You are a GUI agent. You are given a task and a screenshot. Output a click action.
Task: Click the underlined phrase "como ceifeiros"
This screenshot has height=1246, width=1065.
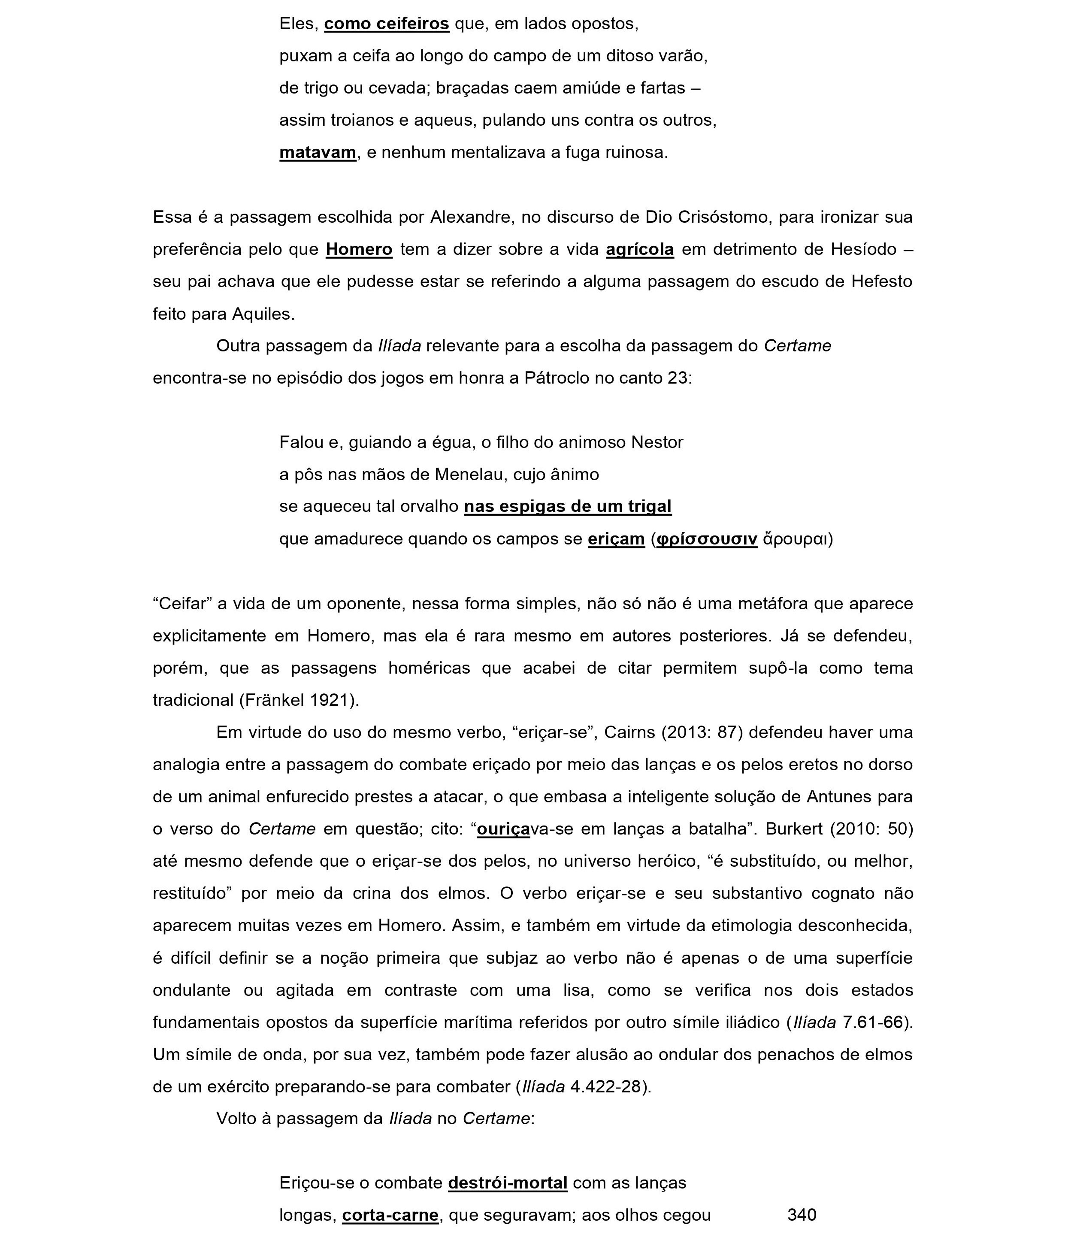point(386,24)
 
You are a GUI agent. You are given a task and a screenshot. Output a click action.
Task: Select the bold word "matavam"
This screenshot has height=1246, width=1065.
point(318,153)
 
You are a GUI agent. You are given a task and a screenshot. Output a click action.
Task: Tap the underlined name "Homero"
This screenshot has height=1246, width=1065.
point(359,249)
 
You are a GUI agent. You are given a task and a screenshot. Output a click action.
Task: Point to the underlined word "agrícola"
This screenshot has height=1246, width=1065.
point(639,249)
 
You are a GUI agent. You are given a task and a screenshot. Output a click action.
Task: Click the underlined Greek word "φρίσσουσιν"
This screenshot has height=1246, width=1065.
point(706,539)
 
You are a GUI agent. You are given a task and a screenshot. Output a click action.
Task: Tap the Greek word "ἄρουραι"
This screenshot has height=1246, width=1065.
point(795,539)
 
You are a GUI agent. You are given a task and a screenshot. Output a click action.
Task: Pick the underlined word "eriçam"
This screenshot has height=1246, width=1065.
point(616,539)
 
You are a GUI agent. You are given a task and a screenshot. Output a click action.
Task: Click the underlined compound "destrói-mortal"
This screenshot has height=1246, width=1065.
point(508,1183)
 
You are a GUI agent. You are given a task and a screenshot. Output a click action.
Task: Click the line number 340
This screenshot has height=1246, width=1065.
point(802,1216)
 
